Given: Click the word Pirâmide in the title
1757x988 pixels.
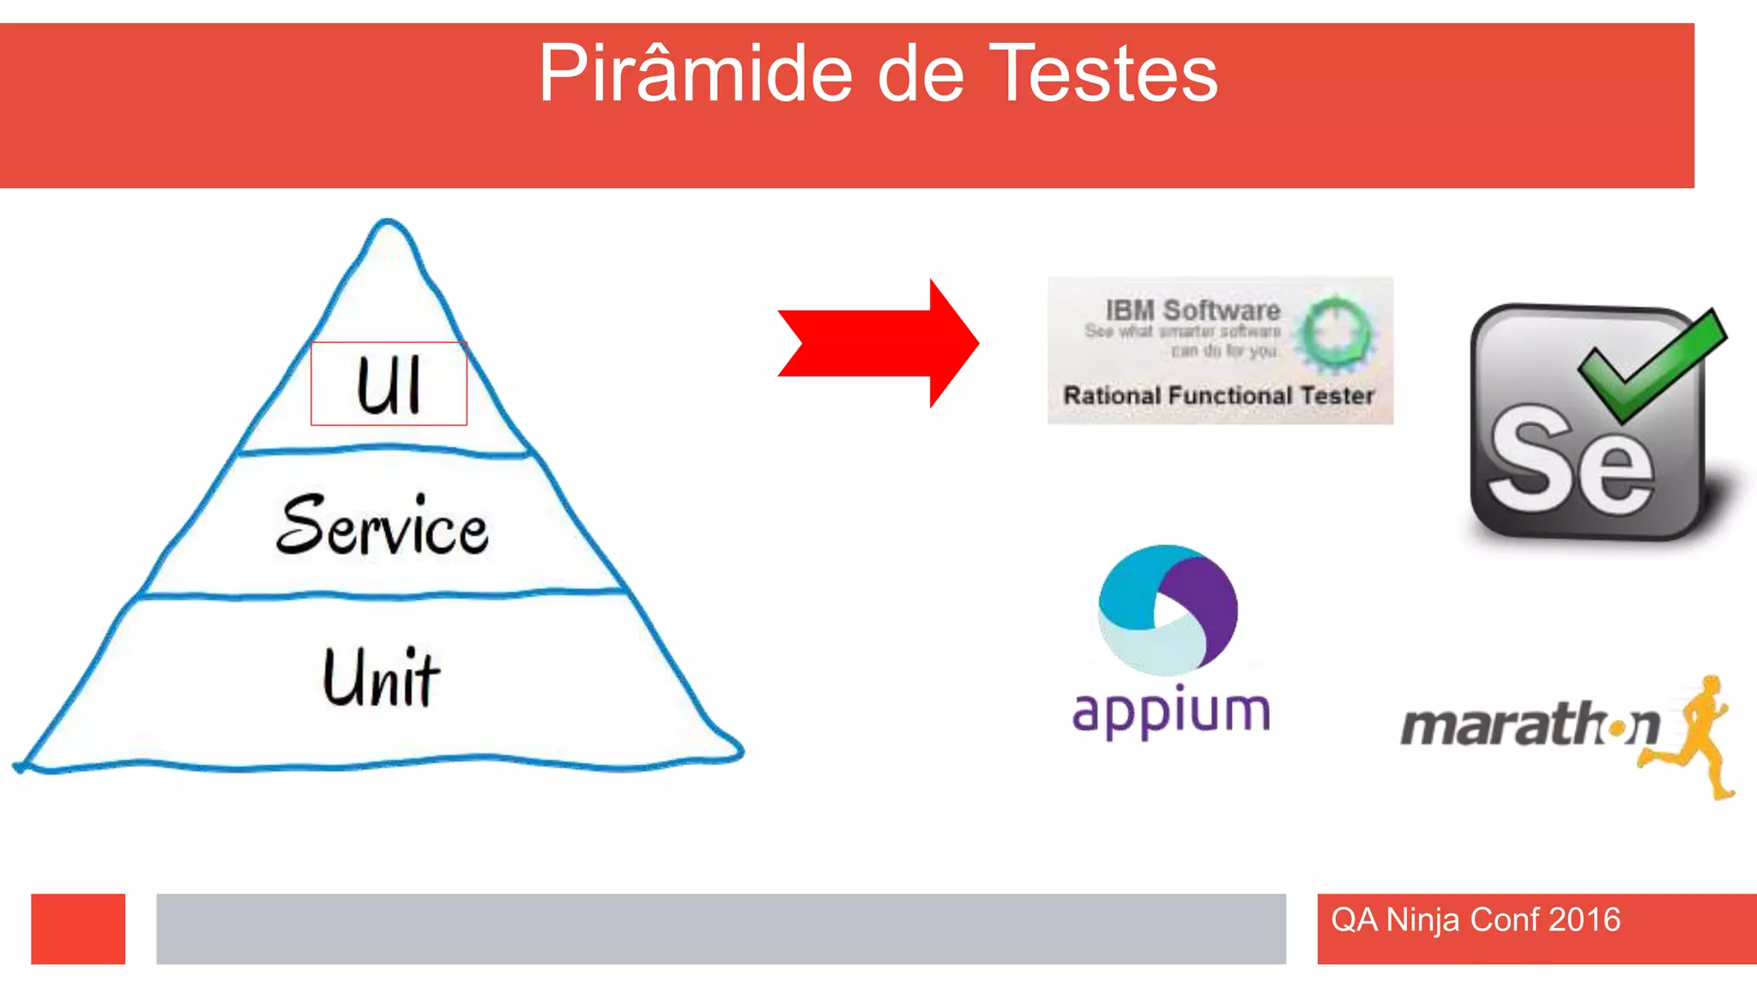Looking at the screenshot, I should [x=695, y=75].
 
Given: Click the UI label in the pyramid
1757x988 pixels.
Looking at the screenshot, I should [x=389, y=385].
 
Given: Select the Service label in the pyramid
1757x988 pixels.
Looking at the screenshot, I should [x=383, y=526].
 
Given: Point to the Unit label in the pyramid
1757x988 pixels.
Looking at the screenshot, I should [x=381, y=678].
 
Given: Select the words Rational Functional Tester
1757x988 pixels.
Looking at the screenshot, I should [x=1218, y=395].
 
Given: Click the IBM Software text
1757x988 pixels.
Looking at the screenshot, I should [x=1192, y=310].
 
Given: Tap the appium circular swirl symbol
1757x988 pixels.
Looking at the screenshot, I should [x=1168, y=609].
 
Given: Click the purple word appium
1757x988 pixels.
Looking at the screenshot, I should [x=1171, y=712].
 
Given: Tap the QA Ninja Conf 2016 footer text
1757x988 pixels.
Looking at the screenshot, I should [x=1476, y=919].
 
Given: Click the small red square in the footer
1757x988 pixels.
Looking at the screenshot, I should [x=78, y=929].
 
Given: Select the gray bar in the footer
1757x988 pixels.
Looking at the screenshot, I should [x=721, y=929].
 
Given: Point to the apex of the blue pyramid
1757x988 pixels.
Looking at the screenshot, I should [x=388, y=223].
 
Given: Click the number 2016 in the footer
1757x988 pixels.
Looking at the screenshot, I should [x=1585, y=919].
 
